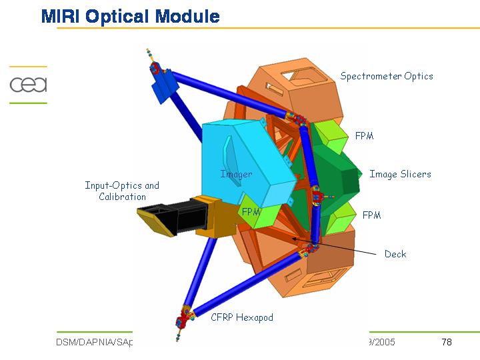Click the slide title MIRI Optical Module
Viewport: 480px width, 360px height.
(131, 16)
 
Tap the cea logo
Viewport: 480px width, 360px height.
(28, 85)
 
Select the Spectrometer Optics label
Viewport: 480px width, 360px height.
(387, 76)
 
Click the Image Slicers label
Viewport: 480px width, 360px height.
(400, 174)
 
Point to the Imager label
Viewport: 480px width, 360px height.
(236, 175)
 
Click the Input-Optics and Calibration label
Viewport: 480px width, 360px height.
(122, 191)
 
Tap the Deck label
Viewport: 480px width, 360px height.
(395, 254)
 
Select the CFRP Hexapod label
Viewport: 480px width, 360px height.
(242, 317)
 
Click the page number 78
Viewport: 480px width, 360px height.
(447, 343)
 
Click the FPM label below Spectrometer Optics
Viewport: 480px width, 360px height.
(364, 136)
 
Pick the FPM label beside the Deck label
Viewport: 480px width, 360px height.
(371, 215)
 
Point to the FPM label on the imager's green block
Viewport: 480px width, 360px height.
(251, 211)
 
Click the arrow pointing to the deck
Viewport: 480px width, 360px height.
(333, 245)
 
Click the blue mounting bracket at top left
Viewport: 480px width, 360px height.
(163, 83)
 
